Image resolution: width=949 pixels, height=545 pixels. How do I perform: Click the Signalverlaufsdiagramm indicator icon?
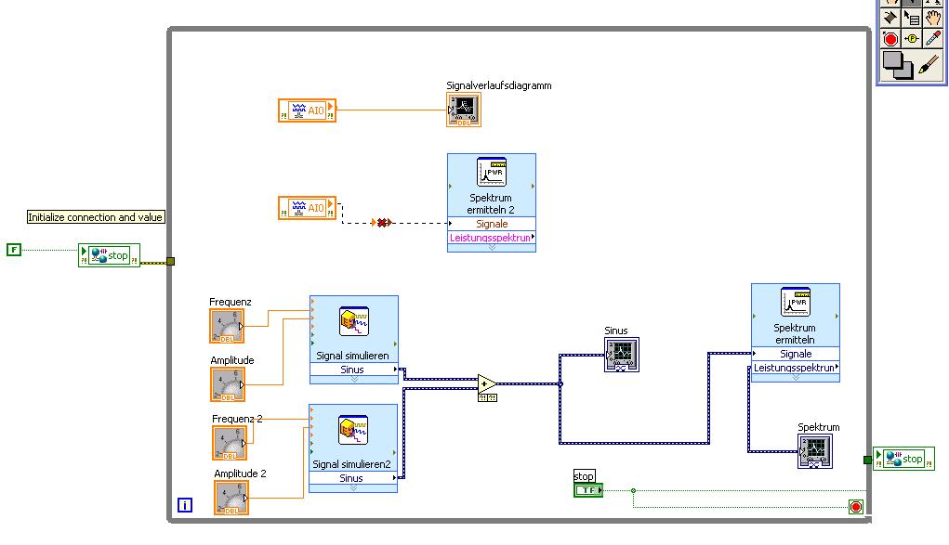pyautogui.click(x=464, y=110)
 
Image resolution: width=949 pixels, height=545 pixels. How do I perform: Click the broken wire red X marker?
pyautogui.click(x=381, y=223)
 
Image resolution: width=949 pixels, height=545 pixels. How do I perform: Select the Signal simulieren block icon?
pyautogui.click(x=353, y=321)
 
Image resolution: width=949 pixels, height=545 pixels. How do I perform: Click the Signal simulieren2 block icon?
pyautogui.click(x=353, y=430)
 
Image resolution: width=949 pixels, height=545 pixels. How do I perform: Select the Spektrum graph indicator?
pyautogui.click(x=814, y=451)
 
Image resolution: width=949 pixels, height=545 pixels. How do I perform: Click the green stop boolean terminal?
pyautogui.click(x=587, y=490)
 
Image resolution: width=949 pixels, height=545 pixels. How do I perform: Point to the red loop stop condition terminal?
pyautogui.click(x=855, y=507)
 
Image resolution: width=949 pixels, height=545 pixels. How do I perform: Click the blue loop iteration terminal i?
pyautogui.click(x=185, y=506)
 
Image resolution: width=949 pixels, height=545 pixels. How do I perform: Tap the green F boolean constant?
pyautogui.click(x=13, y=250)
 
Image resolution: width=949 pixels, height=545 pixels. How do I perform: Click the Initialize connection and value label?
pyautogui.click(x=96, y=217)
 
